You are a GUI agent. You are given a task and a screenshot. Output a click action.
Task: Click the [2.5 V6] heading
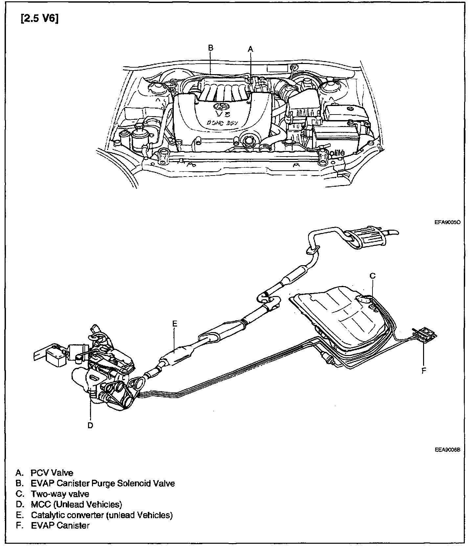pos(39,19)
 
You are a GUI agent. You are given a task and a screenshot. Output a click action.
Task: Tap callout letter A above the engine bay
pos(251,49)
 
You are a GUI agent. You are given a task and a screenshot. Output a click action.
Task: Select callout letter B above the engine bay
pos(211,48)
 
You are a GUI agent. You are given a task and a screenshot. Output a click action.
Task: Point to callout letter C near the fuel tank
pos(372,276)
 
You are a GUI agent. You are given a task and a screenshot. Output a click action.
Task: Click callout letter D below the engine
pos(90,425)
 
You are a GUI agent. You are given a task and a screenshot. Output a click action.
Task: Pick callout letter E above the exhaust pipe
pos(175,324)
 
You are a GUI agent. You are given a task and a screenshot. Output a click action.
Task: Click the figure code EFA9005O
pos(447,222)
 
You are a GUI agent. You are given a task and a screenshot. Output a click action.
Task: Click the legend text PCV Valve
pos(52,473)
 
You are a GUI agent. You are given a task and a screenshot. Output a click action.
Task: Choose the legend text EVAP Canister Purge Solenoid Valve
pos(103,483)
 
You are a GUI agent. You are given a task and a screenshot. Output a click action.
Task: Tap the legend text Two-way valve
pos(60,494)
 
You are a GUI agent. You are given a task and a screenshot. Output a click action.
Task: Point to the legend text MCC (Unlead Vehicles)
pos(77,504)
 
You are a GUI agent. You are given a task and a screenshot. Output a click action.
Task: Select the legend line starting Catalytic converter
pos(102,515)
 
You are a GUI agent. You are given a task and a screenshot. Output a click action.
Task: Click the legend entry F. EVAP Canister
pos(53,525)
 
